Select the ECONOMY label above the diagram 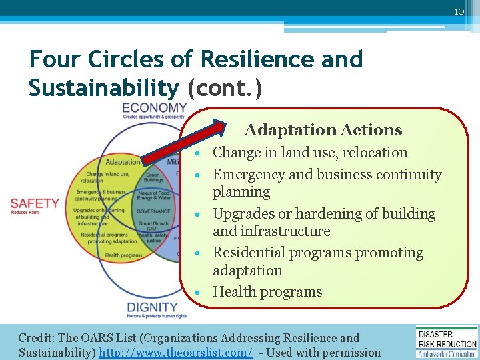pos(154,108)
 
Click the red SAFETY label pos(35,203)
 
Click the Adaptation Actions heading pos(323,130)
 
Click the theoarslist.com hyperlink pos(176,352)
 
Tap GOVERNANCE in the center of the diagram pos(154,211)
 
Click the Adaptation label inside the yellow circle pos(123,162)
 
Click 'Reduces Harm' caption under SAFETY pos(26,213)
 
